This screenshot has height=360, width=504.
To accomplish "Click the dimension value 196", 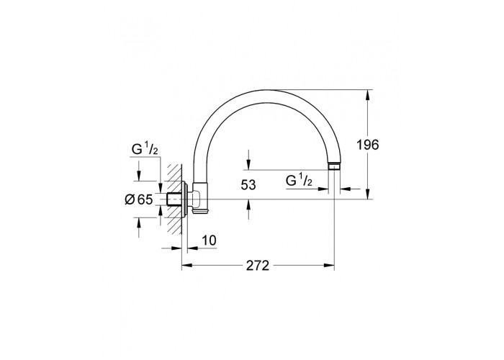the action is pos(368,145).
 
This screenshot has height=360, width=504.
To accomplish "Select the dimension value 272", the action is pos(258,266).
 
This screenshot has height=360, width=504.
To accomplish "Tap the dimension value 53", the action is pos(248,185).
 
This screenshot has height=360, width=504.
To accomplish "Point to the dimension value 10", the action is pos(210,240).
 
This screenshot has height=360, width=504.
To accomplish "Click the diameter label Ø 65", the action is pos(139,200).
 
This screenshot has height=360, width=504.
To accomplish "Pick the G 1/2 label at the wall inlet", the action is pos(145,150).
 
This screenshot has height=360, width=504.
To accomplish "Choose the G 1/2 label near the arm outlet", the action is pos(299,181).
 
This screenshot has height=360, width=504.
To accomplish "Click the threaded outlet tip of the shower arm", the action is pos(335,167).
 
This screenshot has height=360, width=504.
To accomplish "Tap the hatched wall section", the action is pos(174,198).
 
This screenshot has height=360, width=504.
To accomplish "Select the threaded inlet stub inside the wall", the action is pos(174,199).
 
